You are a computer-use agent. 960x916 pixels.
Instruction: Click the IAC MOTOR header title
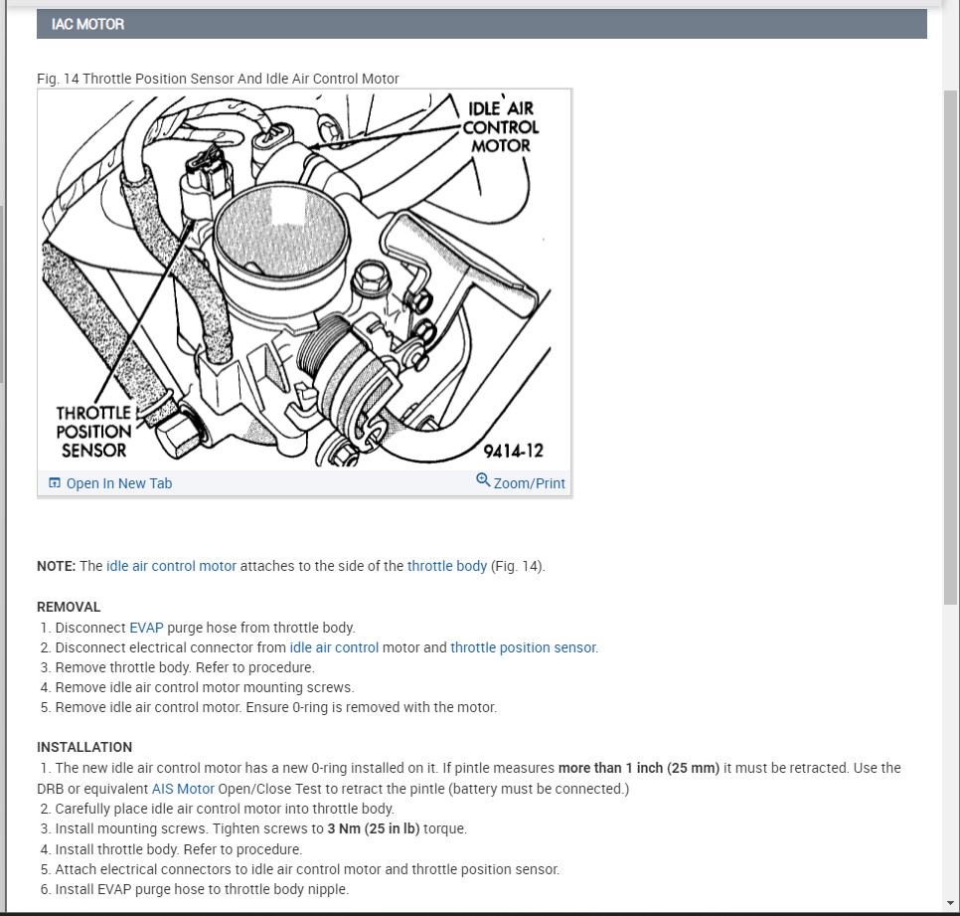88,24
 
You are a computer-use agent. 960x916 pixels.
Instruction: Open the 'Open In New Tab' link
118,483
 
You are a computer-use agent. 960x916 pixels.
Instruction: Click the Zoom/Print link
529,483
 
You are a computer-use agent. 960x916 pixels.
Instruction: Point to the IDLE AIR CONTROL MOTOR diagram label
501,126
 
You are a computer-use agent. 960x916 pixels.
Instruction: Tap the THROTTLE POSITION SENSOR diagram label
93,432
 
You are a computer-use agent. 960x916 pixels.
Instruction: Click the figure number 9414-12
513,451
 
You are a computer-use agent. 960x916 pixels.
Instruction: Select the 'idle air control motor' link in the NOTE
171,566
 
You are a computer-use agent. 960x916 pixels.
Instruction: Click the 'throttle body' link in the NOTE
447,566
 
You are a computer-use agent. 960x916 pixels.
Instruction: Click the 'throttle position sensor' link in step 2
524,647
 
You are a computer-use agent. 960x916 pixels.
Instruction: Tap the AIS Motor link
183,789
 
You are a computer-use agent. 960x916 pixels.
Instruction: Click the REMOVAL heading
69,607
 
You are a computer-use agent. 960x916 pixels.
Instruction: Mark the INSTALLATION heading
84,747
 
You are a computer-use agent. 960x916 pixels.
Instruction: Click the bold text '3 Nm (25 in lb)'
374,828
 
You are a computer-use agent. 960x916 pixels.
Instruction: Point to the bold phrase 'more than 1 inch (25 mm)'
639,768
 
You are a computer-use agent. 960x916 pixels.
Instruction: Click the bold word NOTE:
56,566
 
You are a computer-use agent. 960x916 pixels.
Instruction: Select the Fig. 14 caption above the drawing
218,79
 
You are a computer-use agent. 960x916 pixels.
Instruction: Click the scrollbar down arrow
951,903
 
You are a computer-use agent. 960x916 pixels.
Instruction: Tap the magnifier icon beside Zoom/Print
483,480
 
